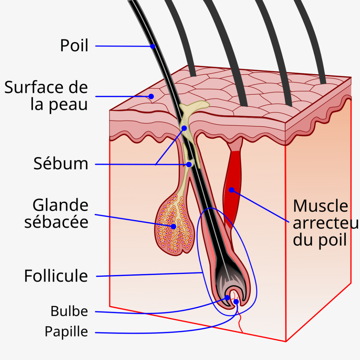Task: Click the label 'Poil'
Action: coord(74,45)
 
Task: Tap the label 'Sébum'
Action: coord(61,164)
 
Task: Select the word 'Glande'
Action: coord(60,205)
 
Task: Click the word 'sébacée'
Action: coord(56,222)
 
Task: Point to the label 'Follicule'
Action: coord(56,276)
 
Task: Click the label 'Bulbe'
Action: coord(69,311)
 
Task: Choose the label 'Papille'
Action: coord(66,332)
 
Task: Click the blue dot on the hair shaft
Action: coord(153,46)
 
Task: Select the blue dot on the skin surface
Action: coord(151,96)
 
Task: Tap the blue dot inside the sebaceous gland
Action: coord(174,226)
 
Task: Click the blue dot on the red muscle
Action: coord(231,190)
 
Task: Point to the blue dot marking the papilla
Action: coord(236,302)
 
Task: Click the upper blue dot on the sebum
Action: coord(184,128)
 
